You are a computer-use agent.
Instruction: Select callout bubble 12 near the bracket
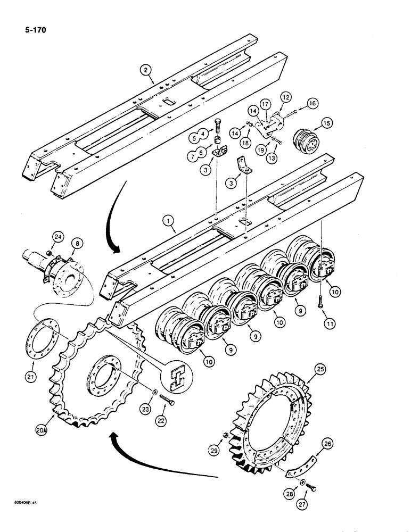[301, 97]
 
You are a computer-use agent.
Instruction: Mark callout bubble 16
[327, 103]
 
